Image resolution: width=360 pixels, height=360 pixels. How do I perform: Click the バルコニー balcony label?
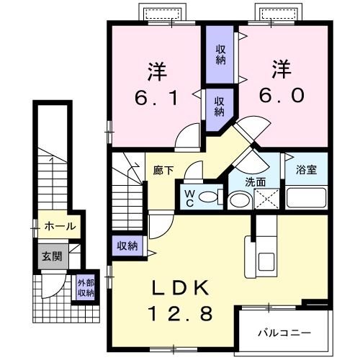[x=284, y=333]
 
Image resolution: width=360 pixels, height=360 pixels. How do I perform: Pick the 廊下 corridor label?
[x=163, y=171]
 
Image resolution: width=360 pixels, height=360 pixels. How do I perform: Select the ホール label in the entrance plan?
[x=60, y=226]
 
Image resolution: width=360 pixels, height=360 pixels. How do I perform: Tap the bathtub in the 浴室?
[x=306, y=197]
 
